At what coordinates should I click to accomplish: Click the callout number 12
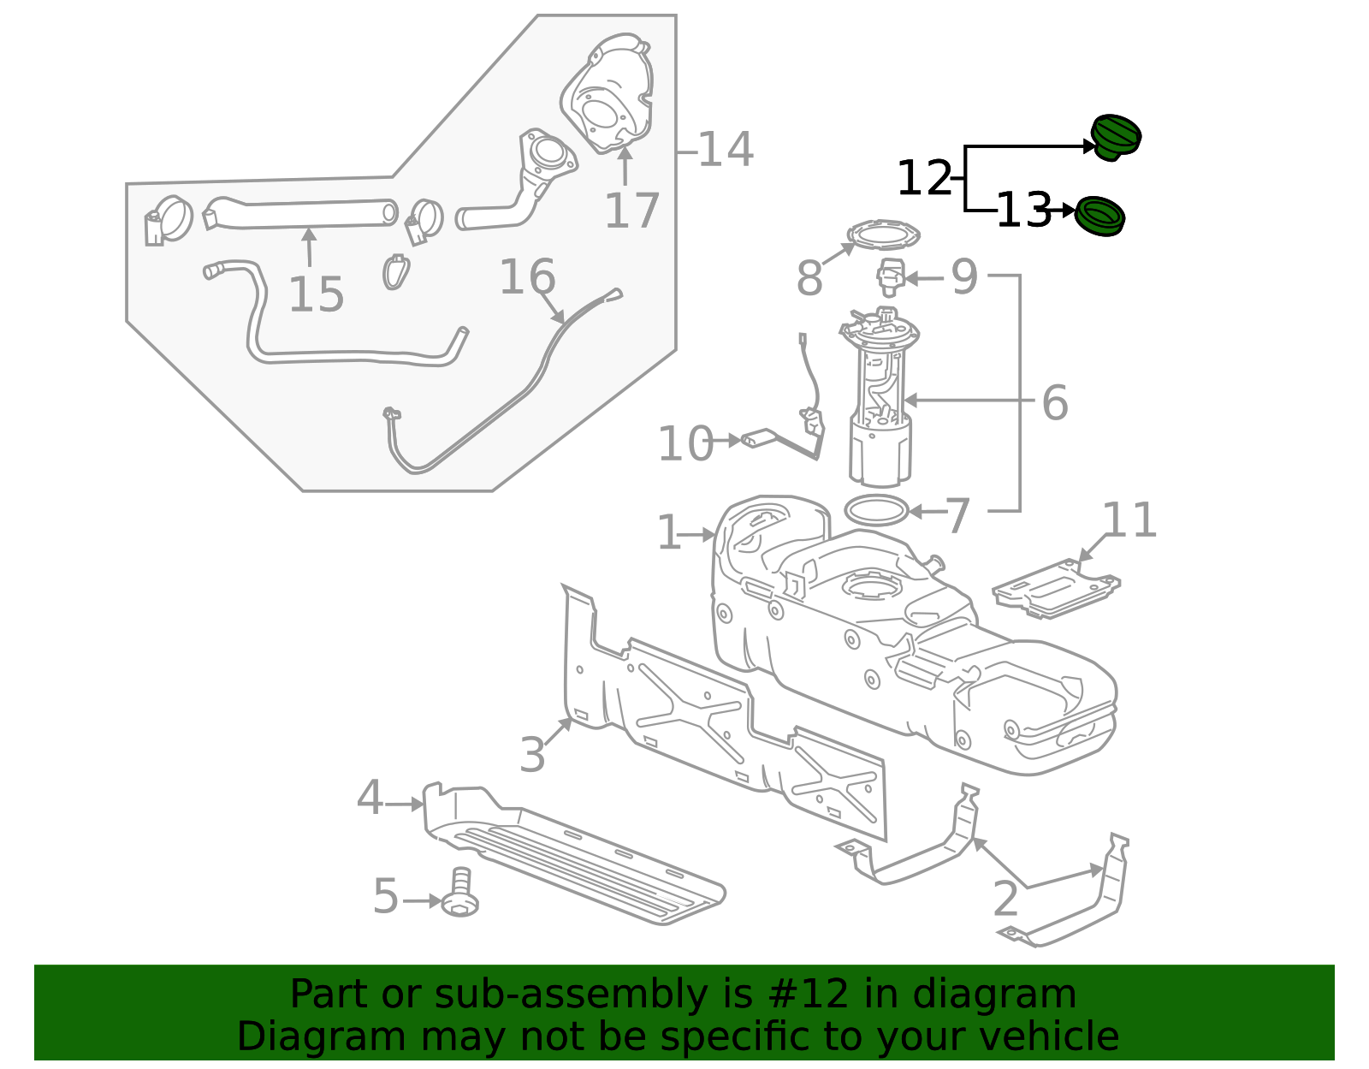pyautogui.click(x=923, y=179)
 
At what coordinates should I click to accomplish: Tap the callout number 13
pyautogui.click(x=1023, y=210)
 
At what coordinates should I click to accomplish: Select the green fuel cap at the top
pyautogui.click(x=1116, y=136)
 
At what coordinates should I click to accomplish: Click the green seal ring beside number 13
pyautogui.click(x=1099, y=216)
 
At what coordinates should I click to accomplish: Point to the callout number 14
pyautogui.click(x=726, y=150)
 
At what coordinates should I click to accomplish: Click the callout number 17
pyautogui.click(x=631, y=211)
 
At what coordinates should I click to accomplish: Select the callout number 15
pyautogui.click(x=316, y=294)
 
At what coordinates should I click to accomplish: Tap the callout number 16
pyautogui.click(x=526, y=277)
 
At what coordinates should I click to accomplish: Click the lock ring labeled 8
pyautogui.click(x=883, y=233)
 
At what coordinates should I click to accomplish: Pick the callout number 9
pyautogui.click(x=964, y=277)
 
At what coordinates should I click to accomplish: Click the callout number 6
pyautogui.click(x=1054, y=402)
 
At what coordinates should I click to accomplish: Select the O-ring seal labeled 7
pyautogui.click(x=875, y=511)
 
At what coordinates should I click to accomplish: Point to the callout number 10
pyautogui.click(x=684, y=444)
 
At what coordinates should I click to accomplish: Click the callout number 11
pyautogui.click(x=1129, y=520)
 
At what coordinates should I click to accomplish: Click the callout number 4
pyautogui.click(x=370, y=798)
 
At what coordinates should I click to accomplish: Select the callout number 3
pyautogui.click(x=532, y=755)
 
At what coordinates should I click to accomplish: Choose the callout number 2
pyautogui.click(x=1005, y=899)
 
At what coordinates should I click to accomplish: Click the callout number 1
pyautogui.click(x=668, y=533)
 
